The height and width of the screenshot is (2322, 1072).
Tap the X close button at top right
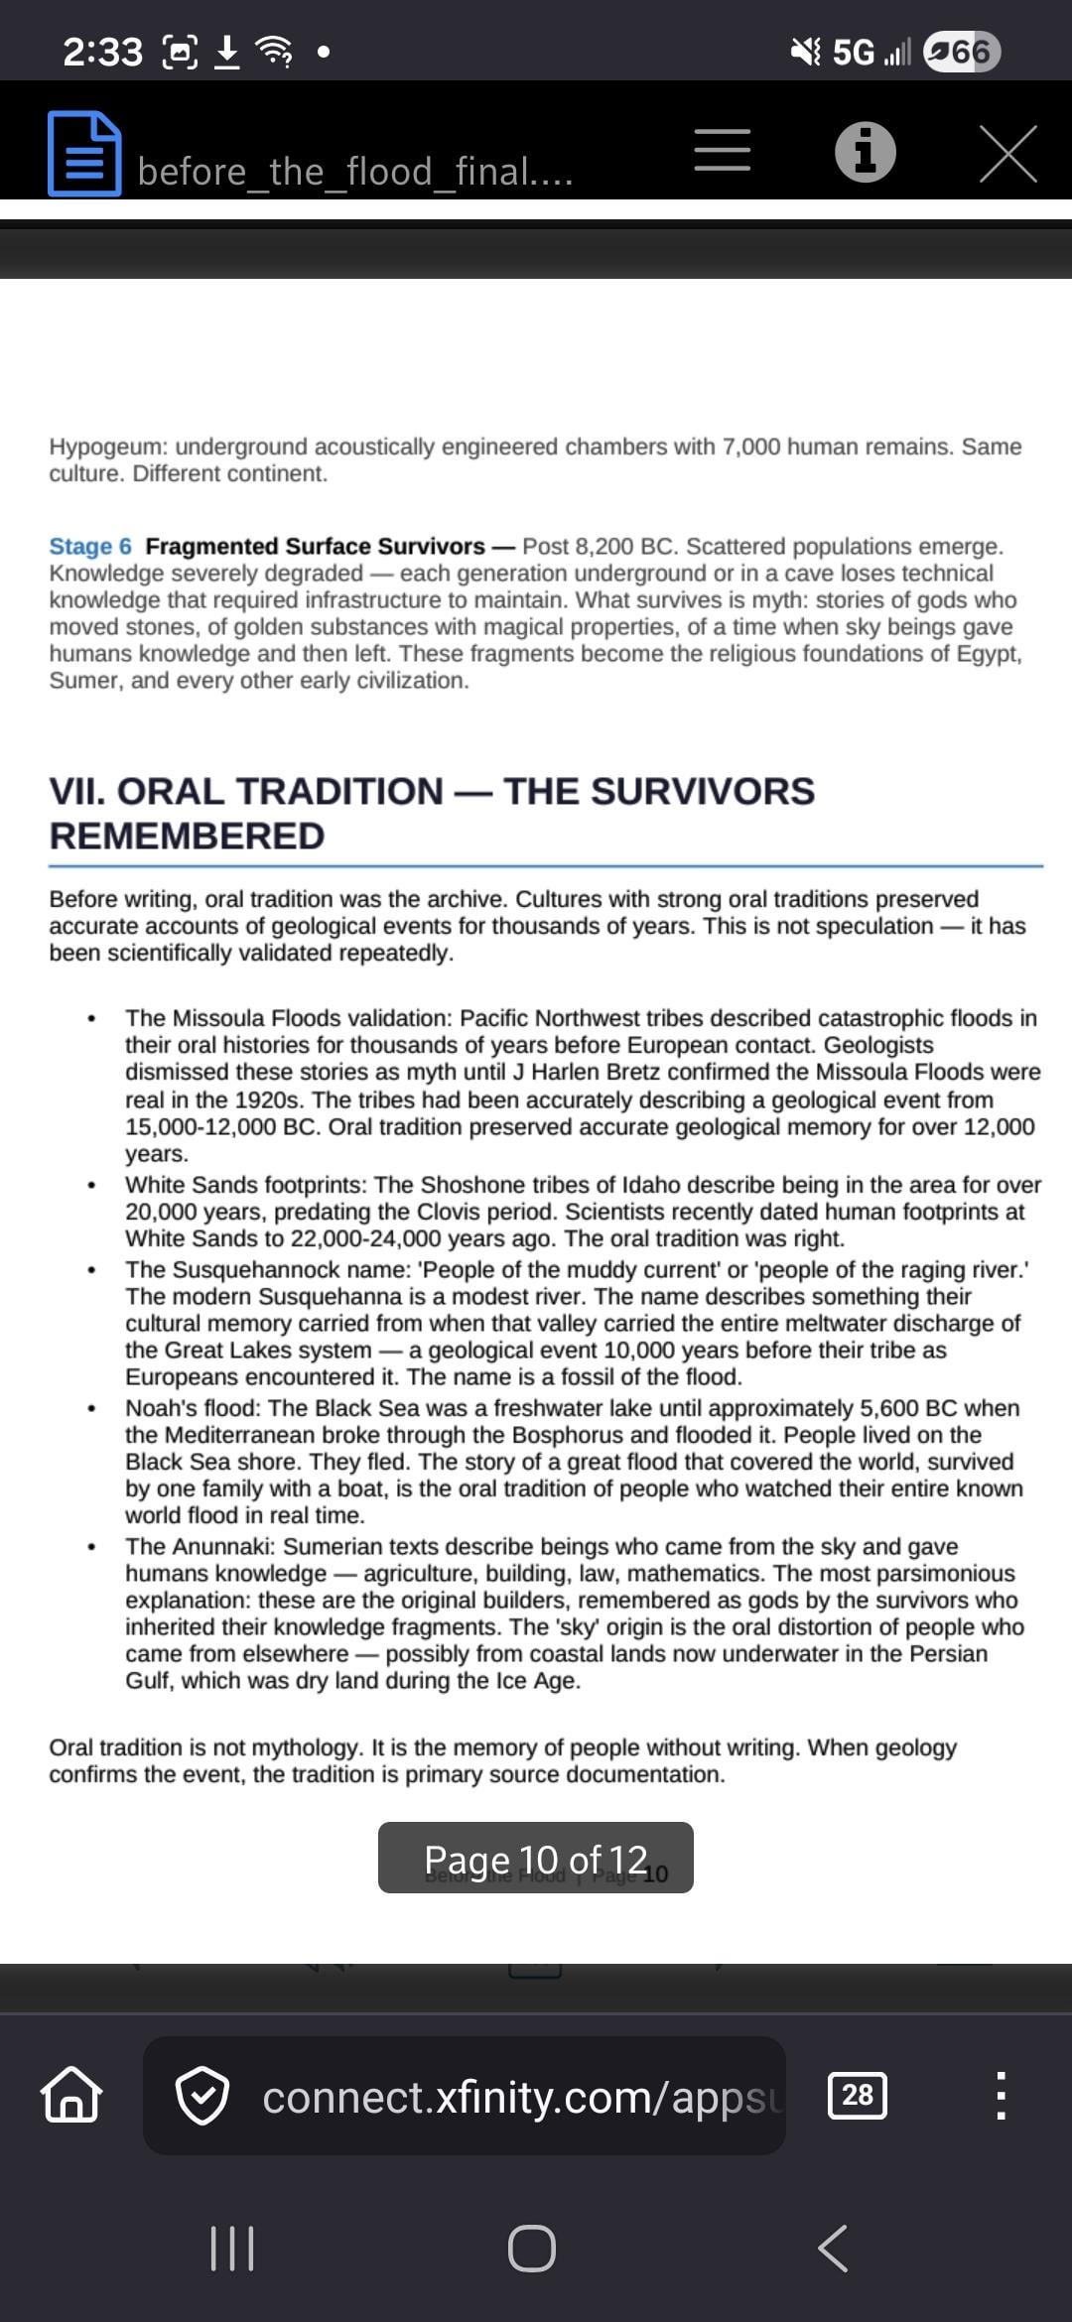tap(1007, 154)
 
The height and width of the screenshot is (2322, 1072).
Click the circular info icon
tap(865, 153)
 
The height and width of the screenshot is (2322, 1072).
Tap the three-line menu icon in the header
tap(722, 151)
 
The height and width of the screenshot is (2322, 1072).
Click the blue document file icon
tap(84, 153)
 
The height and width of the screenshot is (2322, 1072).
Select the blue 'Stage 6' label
tap(90, 547)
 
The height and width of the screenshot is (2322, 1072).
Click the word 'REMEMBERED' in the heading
tap(187, 837)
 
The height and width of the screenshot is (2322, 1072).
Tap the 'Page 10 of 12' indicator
tap(535, 1859)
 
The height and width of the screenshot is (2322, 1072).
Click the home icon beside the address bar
tap(70, 2095)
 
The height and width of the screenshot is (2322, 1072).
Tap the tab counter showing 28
tap(858, 2095)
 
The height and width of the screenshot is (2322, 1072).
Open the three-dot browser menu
tap(1001, 2095)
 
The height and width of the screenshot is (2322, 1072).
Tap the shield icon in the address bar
tap(202, 2095)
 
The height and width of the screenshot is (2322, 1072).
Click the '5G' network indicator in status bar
tap(853, 52)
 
